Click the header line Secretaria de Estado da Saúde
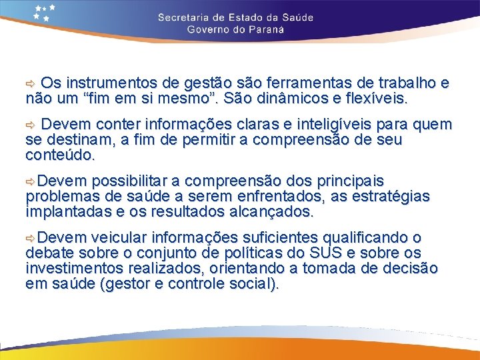pos(235,17)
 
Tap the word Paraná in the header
pos(264,29)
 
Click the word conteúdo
pos(61,155)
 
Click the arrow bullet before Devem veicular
pos(30,238)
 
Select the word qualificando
pos(364,238)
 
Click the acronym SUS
pos(323,253)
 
